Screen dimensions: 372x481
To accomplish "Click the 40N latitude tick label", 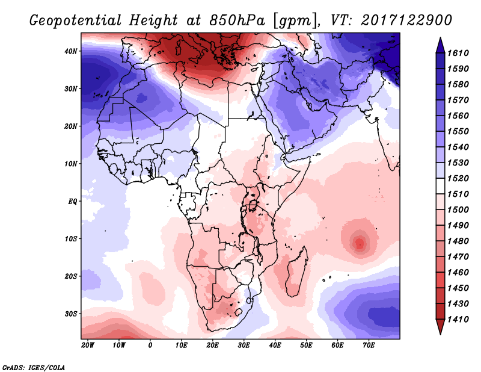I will (x=70, y=51).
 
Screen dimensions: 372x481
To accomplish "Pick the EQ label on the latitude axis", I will (x=72, y=201).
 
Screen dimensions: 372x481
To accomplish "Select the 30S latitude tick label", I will (x=70, y=314).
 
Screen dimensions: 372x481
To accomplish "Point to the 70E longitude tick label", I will (x=369, y=346).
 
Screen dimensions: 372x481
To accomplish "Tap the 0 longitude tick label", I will (x=150, y=346).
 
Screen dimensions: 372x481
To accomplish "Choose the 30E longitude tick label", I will (x=244, y=346).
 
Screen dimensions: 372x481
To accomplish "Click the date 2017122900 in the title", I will (x=406, y=21).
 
